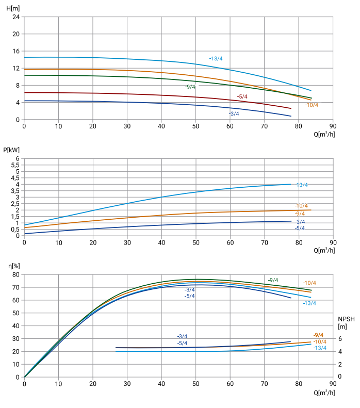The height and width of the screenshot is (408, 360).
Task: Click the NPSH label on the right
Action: [x=346, y=319]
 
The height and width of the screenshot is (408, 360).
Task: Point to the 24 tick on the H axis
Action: [x=16, y=17]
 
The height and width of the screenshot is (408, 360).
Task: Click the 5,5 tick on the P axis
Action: [x=15, y=165]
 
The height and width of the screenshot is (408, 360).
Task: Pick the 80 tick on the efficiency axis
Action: [x=15, y=274]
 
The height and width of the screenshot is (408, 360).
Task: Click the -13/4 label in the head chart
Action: [x=216, y=58]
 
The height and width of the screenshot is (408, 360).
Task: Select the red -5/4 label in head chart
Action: [x=242, y=97]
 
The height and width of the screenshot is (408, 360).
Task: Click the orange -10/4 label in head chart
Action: [x=312, y=105]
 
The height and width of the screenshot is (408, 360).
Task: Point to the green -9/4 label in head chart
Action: [x=190, y=87]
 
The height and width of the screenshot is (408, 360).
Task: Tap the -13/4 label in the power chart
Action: [x=301, y=185]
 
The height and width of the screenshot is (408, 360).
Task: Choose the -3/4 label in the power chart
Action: [x=300, y=222]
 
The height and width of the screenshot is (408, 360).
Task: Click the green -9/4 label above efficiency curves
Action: [x=273, y=280]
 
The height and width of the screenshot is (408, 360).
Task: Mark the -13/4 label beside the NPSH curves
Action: [x=320, y=348]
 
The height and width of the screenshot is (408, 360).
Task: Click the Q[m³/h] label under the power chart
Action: [x=324, y=251]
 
